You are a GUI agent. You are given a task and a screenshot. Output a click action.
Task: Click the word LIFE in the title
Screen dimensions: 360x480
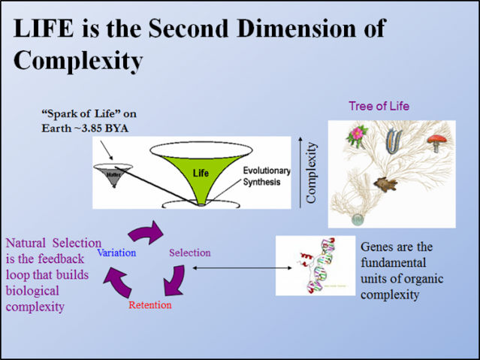coord(46,28)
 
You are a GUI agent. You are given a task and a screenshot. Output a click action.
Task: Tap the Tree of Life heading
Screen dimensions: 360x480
coord(379,106)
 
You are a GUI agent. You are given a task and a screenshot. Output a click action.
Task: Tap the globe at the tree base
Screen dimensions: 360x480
coord(356,219)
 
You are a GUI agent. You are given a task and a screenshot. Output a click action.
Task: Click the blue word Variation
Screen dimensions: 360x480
coord(116,253)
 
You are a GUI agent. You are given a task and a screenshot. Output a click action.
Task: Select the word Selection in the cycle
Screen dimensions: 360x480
coord(190,253)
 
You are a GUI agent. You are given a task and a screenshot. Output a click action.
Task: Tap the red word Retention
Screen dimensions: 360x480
coord(150,305)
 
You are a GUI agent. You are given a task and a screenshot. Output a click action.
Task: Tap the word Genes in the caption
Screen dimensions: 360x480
coord(377,247)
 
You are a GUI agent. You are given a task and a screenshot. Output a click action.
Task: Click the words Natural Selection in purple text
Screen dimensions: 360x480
coord(53,243)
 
